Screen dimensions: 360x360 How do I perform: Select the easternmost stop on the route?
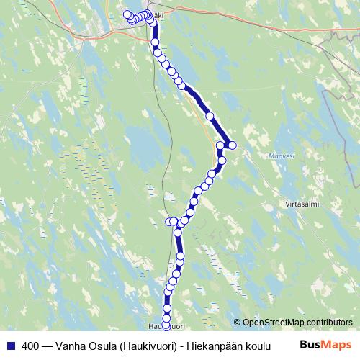tap(232, 145)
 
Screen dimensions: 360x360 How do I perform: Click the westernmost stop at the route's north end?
tap(127, 14)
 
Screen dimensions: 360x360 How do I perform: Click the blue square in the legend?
tap(10, 345)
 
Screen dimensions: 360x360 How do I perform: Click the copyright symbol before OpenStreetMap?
tap(238, 322)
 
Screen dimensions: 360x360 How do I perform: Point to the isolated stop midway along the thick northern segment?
tap(210, 115)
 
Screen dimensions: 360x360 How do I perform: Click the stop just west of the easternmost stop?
tap(221, 146)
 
